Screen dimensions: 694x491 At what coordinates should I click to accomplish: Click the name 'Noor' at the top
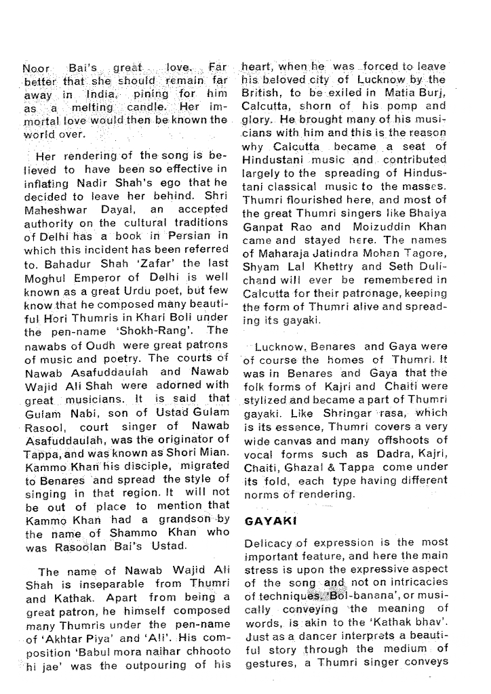coord(37,68)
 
